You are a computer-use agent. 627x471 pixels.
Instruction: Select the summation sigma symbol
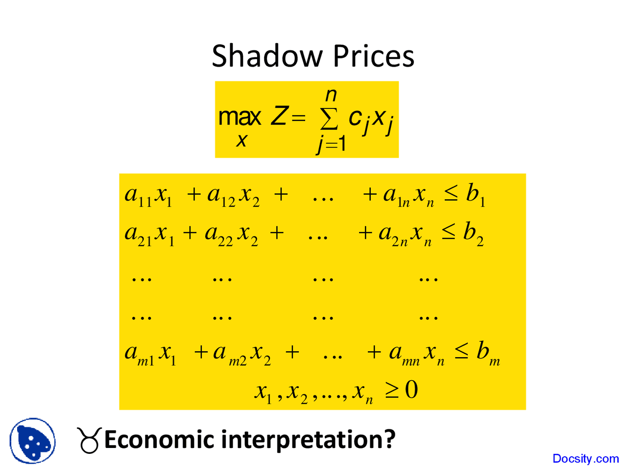329,118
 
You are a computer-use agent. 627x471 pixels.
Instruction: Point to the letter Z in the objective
279,117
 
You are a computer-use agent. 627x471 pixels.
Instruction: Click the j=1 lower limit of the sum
331,144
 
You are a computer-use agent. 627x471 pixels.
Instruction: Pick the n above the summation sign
331,94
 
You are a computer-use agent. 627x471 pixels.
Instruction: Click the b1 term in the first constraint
475,195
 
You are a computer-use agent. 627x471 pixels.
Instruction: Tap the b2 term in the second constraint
473,233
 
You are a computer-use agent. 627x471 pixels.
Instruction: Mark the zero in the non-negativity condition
411,390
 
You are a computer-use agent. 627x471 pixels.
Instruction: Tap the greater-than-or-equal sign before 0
391,391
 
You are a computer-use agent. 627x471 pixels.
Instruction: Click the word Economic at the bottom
160,440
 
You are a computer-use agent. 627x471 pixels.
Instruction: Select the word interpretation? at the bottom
308,440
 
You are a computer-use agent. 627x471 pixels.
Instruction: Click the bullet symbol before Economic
89,440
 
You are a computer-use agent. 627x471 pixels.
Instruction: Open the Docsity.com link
585,459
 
